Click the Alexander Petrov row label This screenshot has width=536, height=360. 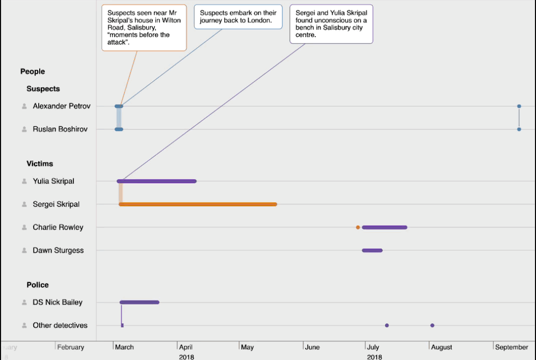[x=62, y=106]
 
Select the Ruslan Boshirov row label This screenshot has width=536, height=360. [x=60, y=129]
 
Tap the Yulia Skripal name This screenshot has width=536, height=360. [x=54, y=181]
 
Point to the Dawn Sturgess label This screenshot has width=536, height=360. [x=58, y=250]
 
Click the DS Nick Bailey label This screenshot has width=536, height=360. [x=58, y=302]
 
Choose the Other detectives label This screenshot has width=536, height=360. [x=60, y=325]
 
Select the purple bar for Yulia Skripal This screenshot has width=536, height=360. [x=157, y=181]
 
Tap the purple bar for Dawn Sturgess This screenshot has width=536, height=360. [x=372, y=250]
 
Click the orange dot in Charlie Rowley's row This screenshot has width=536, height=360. [x=358, y=227]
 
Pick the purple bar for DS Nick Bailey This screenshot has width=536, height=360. [x=139, y=302]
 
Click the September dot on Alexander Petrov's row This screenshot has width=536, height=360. [x=519, y=106]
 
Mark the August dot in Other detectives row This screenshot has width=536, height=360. [x=432, y=325]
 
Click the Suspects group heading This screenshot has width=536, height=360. [x=43, y=89]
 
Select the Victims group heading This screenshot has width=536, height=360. [x=40, y=163]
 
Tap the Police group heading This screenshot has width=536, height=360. [x=38, y=285]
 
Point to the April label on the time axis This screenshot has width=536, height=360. [x=186, y=347]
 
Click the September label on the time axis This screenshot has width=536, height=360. [x=512, y=347]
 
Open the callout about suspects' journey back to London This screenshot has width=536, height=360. [x=238, y=17]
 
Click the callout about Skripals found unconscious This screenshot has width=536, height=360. [x=331, y=24]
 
